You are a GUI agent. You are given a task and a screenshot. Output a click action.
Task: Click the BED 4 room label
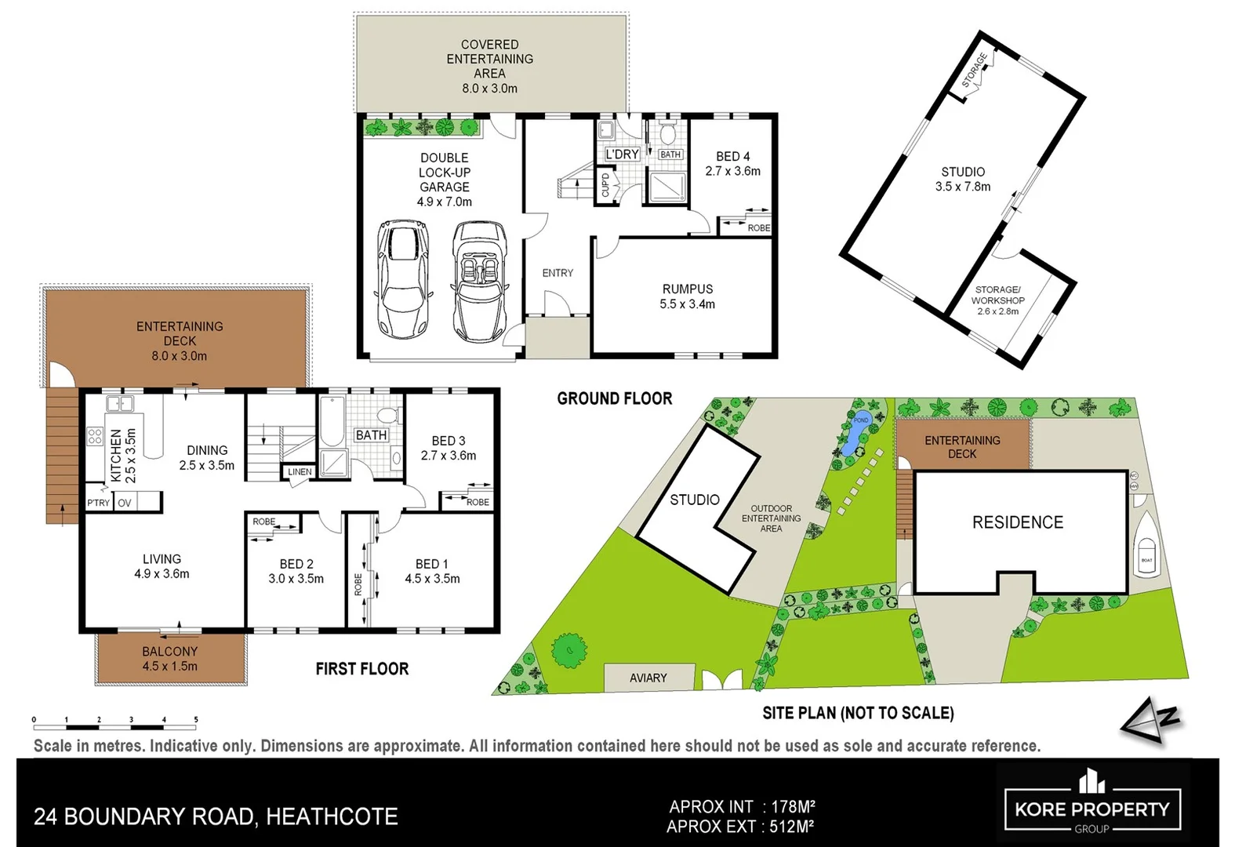coord(732,163)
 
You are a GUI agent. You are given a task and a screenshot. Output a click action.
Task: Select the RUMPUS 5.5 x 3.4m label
coord(687,296)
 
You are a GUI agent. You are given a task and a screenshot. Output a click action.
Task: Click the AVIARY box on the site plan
coord(648,678)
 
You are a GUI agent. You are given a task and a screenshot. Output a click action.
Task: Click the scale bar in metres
coord(114,720)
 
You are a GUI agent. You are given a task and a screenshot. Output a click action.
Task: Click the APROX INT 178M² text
coord(742,806)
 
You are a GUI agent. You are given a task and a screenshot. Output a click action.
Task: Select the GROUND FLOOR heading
coord(614,398)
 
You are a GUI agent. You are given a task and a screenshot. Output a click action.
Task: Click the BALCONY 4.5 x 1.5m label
coord(169,659)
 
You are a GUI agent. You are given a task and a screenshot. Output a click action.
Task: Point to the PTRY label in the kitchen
coord(98,503)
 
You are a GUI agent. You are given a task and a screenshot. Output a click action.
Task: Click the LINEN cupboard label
coord(300,472)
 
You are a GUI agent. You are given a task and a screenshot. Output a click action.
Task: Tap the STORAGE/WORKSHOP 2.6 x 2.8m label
coord(997,300)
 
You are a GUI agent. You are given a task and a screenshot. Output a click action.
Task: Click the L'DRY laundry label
coord(622,154)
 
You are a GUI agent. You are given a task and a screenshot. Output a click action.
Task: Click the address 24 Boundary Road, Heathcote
coord(216,816)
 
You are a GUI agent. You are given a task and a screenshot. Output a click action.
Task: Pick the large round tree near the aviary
coord(569,649)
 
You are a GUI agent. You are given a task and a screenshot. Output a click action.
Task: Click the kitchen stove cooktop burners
coord(95,436)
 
